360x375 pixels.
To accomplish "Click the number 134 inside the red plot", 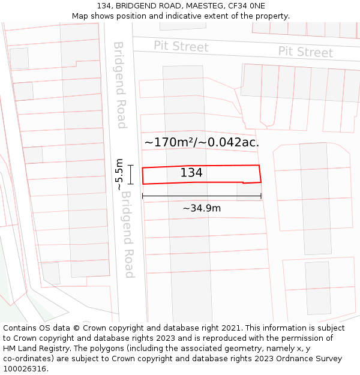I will pos(191,173).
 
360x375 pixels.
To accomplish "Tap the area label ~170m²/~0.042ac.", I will pos(202,142).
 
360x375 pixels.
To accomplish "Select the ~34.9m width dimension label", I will pos(202,208).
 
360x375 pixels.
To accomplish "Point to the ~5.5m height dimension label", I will pos(119,175).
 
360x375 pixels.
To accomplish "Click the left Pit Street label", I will pos(181,46).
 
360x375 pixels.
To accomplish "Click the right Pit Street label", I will pos(305,52).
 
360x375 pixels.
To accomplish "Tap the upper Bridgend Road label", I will pos(121,85).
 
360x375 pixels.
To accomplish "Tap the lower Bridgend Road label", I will pos(127,239).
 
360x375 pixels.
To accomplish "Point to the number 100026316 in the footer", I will pos(25,369).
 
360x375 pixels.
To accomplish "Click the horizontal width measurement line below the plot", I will pos(202,196).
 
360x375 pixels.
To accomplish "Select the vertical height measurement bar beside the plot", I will pos(130,175).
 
